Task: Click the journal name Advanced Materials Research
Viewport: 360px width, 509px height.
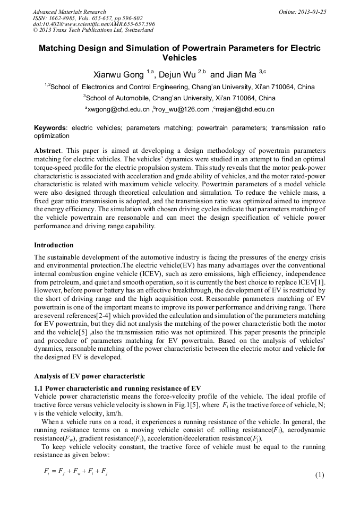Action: tap(69, 12)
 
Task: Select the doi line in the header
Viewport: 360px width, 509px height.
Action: tap(93, 24)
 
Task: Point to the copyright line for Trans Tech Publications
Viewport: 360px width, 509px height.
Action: tap(93, 30)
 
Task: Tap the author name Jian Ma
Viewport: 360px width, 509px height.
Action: tap(242, 74)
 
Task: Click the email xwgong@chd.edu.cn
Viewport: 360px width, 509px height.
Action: tap(118, 109)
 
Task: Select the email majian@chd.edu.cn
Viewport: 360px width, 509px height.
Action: tap(244, 109)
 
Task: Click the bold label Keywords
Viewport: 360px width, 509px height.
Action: tap(50, 128)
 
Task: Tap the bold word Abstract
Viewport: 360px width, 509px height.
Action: tap(47, 151)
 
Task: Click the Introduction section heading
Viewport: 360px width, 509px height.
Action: tap(54, 245)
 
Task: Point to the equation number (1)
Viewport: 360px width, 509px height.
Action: tap(319, 474)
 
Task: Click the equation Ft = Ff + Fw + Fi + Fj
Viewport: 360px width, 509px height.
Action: tap(75, 471)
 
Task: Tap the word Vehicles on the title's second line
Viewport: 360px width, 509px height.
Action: tap(179, 58)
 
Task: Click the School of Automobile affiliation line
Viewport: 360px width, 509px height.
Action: tap(179, 98)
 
